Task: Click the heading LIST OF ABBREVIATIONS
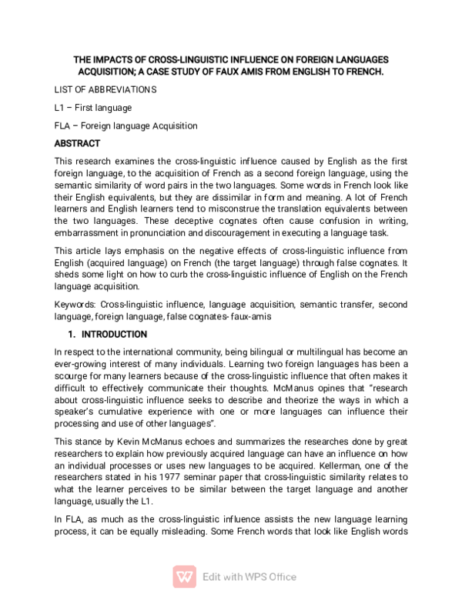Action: (x=105, y=89)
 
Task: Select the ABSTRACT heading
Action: (x=77, y=143)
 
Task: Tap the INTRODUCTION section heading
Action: (x=114, y=335)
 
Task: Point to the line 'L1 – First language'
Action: (x=93, y=108)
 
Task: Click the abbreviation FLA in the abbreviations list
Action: (x=63, y=125)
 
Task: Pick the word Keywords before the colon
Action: (x=75, y=305)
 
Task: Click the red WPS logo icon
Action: (x=185, y=576)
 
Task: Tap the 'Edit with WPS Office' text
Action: (x=249, y=577)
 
